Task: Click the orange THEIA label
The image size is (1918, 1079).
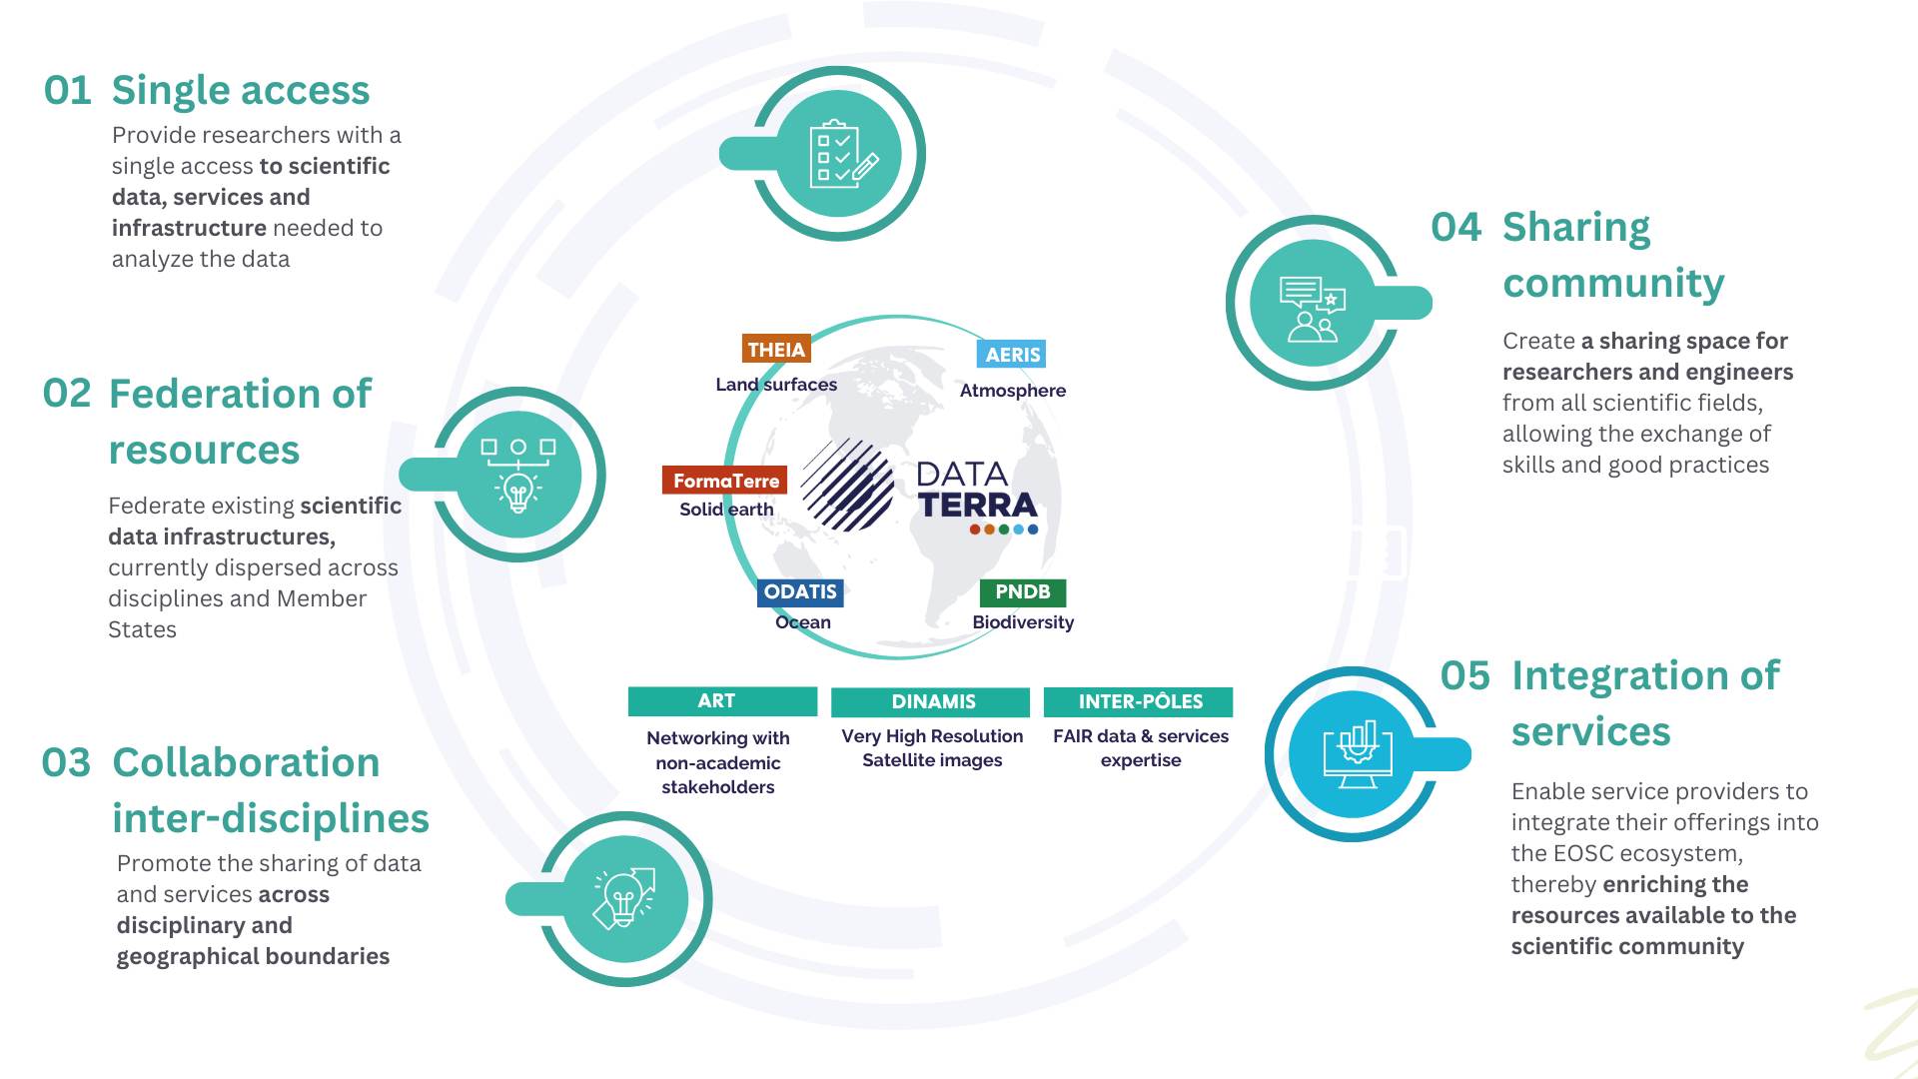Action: (776, 350)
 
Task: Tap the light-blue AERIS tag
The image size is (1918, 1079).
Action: (1012, 355)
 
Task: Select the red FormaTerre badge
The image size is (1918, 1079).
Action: (725, 481)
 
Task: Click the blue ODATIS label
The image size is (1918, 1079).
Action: (800, 592)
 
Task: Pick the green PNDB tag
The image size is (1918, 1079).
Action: (1022, 592)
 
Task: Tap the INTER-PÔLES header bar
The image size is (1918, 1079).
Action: (1139, 702)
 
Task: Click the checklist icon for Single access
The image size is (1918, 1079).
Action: (841, 154)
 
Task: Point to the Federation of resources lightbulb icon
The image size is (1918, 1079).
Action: (518, 475)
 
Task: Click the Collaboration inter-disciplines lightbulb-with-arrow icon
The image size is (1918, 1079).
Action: (624, 898)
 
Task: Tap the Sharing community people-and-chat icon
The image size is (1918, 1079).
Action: (1313, 306)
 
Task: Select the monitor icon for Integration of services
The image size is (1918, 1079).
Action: (1356, 754)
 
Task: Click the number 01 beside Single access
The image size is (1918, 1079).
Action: (68, 91)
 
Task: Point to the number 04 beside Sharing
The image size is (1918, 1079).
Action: (1455, 228)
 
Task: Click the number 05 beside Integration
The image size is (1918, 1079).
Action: (1464, 676)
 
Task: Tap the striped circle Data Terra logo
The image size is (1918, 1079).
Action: (847, 485)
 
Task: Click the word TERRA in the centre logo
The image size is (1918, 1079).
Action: (977, 506)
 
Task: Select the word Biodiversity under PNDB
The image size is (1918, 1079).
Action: (1023, 622)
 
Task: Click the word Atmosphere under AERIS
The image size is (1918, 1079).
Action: (1012, 391)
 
